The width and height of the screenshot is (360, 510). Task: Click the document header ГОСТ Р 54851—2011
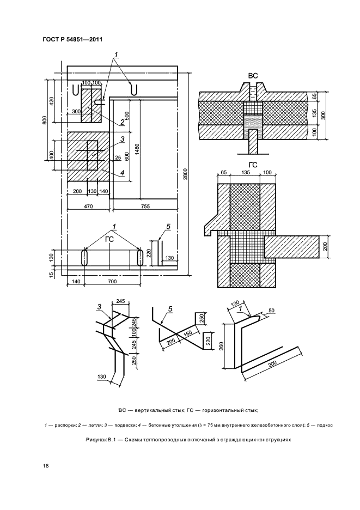[72, 40]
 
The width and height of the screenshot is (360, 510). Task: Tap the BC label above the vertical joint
[253, 76]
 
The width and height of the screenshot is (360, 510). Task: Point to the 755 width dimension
[145, 206]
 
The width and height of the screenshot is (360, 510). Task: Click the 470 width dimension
[88, 206]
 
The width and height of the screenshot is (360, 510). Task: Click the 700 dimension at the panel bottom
[112, 281]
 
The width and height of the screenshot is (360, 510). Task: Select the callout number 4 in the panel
[123, 173]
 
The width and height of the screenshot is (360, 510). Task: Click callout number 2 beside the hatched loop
[122, 122]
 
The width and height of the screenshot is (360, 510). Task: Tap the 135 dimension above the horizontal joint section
[246, 172]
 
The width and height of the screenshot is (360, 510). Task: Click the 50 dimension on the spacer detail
[272, 311]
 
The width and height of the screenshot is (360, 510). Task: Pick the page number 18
[46, 466]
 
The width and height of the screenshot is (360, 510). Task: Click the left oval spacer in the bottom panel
[84, 257]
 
